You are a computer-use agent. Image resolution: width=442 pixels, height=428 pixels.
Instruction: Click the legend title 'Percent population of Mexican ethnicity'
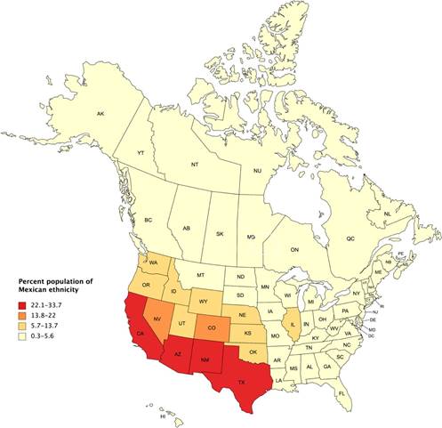[55, 287]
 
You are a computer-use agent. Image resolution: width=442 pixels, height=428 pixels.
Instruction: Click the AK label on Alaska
[100, 114]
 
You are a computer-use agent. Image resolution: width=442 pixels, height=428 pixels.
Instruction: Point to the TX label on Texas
[241, 383]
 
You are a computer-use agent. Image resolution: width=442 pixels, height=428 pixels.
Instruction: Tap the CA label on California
[141, 334]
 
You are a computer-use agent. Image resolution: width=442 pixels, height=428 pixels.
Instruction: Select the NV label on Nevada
[157, 319]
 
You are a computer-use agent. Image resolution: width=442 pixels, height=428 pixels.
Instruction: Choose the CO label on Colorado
[210, 327]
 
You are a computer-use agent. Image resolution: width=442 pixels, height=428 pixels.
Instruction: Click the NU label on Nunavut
[257, 170]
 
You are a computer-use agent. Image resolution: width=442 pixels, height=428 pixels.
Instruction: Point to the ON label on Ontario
[295, 250]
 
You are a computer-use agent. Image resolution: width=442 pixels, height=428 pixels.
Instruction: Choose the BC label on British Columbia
[149, 220]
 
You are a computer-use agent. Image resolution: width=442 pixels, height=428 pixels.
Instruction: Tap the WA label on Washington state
[153, 264]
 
